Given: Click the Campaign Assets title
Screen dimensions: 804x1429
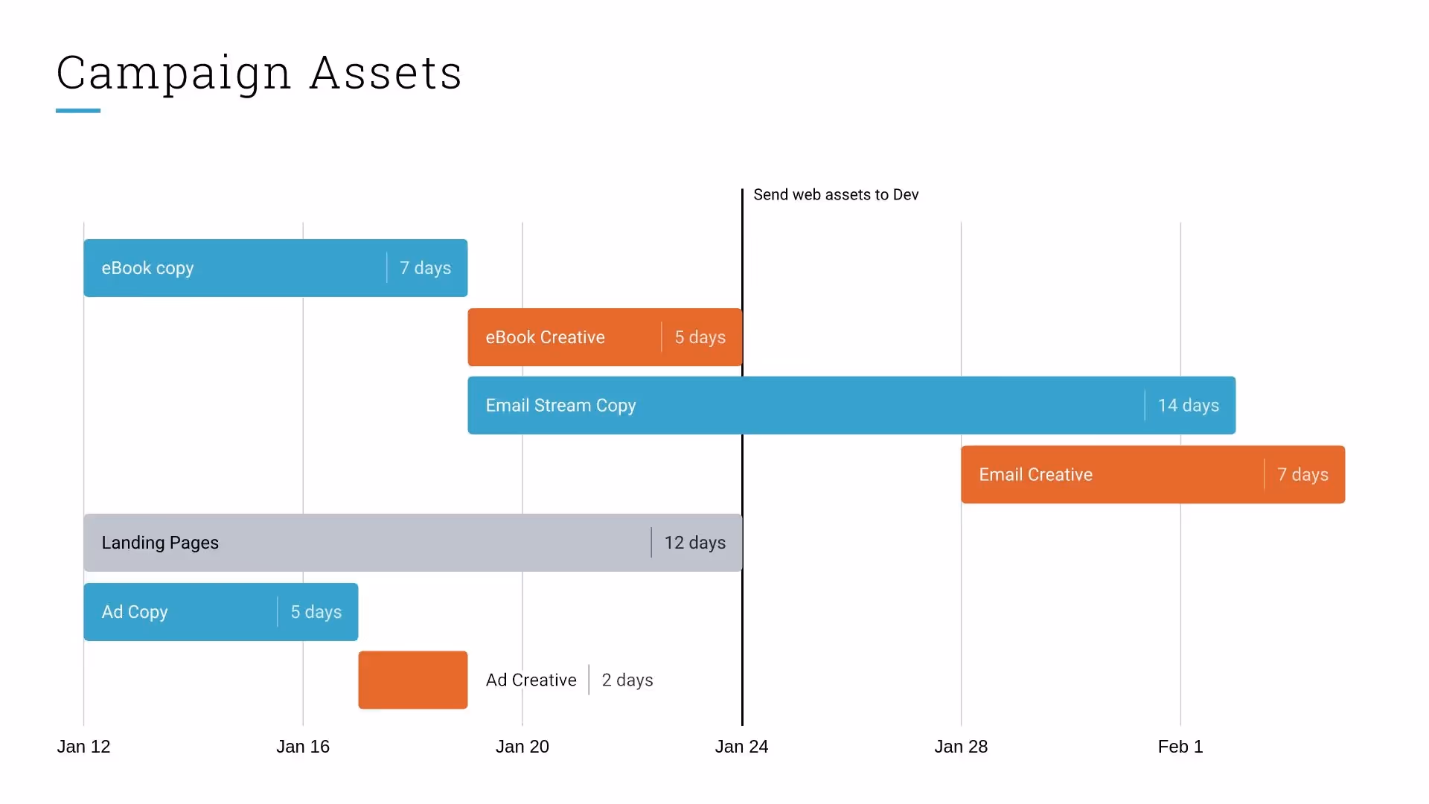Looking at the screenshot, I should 259,74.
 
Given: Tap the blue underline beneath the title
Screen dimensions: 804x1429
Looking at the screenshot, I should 78,111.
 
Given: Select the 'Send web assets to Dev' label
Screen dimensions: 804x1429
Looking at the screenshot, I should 836,195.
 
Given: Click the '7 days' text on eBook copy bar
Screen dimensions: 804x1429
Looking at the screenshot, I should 425,268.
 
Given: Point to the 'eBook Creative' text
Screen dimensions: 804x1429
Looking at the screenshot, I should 545,337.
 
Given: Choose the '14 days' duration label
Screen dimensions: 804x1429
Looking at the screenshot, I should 1188,406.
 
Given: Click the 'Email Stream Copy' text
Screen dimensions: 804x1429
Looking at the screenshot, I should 560,406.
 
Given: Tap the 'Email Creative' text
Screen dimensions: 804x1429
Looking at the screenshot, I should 1035,475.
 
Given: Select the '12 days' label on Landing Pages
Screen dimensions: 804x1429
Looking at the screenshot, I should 694,543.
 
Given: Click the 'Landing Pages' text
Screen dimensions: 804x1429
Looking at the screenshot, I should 160,543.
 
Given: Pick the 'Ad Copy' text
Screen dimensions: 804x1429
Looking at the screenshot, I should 135,612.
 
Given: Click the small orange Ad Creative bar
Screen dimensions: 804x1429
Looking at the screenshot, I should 413,680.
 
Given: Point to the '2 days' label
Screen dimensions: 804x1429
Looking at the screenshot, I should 627,680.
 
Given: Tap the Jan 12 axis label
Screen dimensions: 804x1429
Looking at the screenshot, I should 83,747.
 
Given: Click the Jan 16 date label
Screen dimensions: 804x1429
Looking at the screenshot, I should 303,747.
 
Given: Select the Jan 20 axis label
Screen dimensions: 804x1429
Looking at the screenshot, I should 522,747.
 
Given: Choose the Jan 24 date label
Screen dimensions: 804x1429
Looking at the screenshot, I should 741,747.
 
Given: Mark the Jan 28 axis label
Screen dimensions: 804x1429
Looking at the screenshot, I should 961,747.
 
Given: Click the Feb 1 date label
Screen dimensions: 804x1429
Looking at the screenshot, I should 1180,747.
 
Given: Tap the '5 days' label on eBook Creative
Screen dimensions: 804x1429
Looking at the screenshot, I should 700,337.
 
